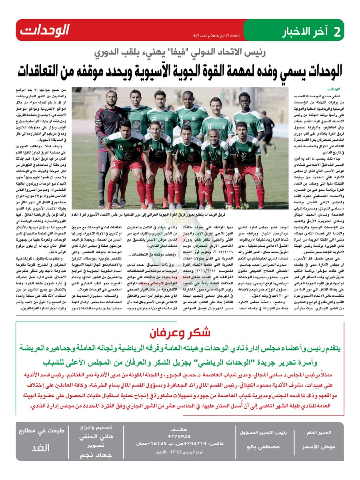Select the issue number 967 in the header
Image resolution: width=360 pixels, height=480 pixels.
(197, 36)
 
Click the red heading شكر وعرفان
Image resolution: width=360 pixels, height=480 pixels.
(180, 332)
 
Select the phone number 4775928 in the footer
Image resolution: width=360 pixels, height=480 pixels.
(179, 436)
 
